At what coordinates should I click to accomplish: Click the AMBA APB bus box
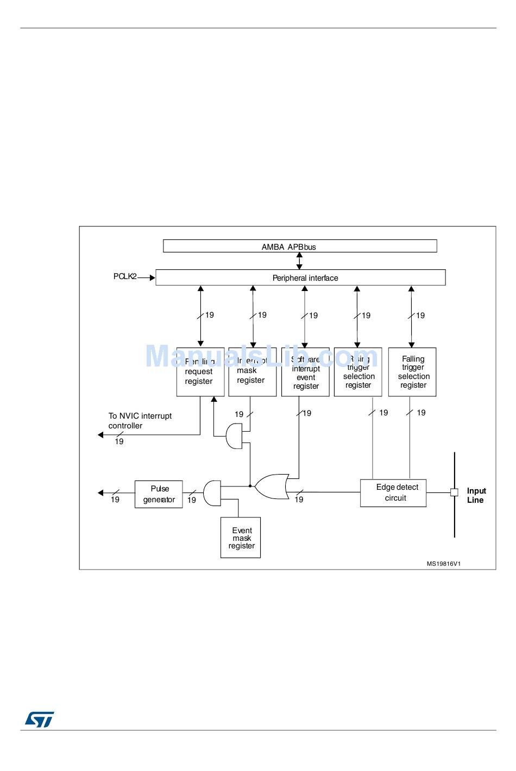point(300,246)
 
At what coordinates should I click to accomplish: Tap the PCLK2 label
point(125,276)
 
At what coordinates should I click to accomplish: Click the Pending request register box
point(200,372)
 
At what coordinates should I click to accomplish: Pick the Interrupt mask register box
point(252,372)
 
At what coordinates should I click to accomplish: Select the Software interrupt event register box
point(305,372)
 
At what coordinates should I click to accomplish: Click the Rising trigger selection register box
point(358,372)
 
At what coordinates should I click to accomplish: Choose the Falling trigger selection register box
point(412,372)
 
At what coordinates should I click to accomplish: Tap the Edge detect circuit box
point(393,493)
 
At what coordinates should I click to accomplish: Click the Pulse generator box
point(159,494)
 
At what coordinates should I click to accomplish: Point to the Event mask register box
point(241,538)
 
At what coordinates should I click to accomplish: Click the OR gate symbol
point(271,486)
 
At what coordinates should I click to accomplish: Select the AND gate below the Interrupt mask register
point(235,437)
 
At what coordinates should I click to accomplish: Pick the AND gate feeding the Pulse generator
point(212,493)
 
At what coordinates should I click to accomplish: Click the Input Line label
point(476,495)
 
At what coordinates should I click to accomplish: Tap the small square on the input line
point(454,492)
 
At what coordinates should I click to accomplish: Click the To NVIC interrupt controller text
point(140,421)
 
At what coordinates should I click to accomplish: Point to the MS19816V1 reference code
point(443,564)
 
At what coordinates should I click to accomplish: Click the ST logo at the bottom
point(40,719)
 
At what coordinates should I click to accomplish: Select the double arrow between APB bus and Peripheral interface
point(299,261)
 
